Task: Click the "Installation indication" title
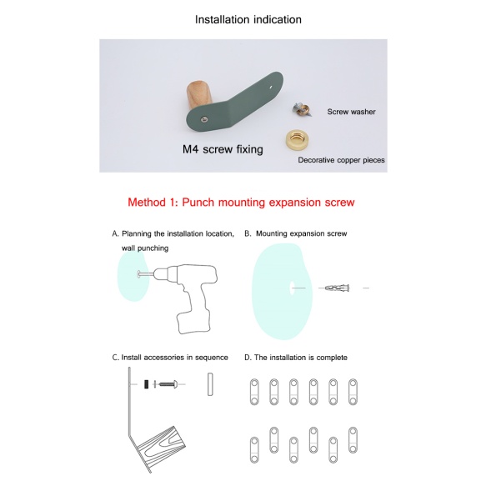(x=248, y=19)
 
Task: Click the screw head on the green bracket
(x=204, y=118)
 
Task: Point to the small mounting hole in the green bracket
(x=271, y=88)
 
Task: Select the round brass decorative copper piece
(x=298, y=140)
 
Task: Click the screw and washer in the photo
(x=302, y=110)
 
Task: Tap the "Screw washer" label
(x=351, y=112)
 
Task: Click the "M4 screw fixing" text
(x=223, y=149)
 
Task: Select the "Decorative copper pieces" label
(x=341, y=160)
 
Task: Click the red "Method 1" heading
(x=241, y=202)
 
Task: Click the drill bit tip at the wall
(x=139, y=273)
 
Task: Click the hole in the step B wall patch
(x=292, y=288)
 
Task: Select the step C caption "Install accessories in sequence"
(x=170, y=358)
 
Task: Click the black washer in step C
(x=146, y=384)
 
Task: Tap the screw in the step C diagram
(x=168, y=384)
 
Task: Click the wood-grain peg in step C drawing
(x=161, y=443)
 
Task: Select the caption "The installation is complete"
(x=296, y=358)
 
